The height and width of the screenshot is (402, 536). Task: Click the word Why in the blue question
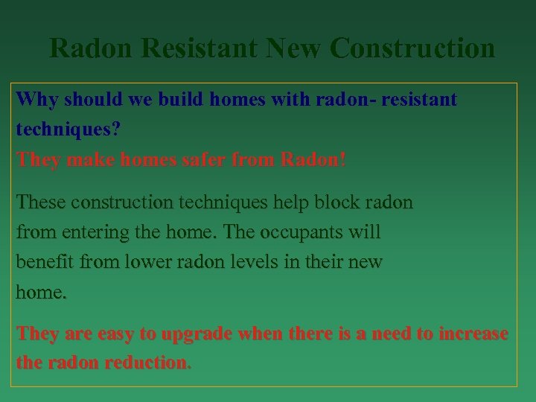37,99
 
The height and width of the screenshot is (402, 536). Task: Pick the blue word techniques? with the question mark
68,130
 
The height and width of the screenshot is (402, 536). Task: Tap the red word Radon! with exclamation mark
313,160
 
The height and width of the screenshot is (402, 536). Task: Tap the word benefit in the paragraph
45,263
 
